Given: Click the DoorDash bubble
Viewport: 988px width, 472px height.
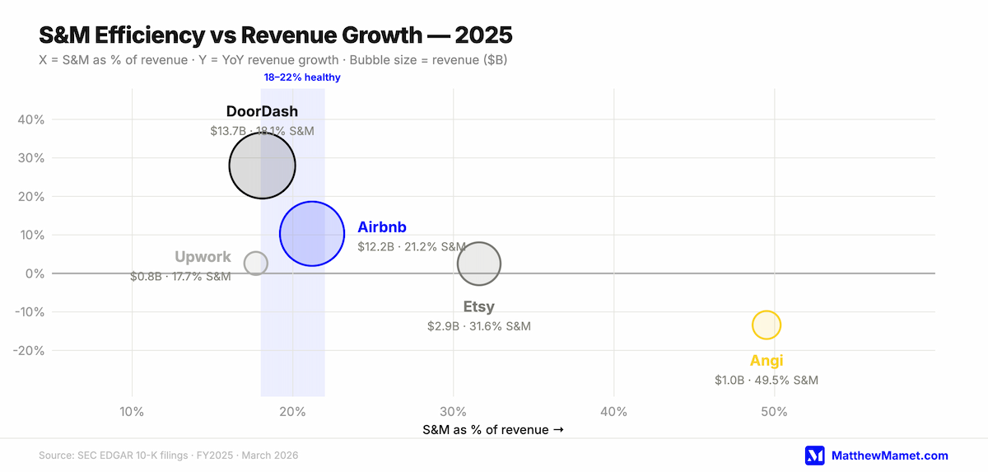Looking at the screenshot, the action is pyautogui.click(x=262, y=166).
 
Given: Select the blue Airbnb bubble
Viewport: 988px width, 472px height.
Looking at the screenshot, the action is pyautogui.click(x=312, y=234).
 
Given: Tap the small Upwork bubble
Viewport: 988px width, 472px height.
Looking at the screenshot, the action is pyautogui.click(x=256, y=264).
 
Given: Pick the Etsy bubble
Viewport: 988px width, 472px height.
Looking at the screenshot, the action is pyautogui.click(x=479, y=264).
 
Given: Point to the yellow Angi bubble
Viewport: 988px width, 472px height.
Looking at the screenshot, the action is pyautogui.click(x=767, y=325).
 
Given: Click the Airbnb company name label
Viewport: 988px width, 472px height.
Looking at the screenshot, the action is pyautogui.click(x=382, y=227).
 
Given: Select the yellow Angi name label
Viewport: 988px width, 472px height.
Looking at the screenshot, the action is pyautogui.click(x=767, y=361).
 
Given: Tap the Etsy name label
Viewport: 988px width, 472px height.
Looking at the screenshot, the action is pyautogui.click(x=479, y=306).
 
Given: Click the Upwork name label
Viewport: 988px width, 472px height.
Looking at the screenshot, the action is pyautogui.click(x=203, y=257).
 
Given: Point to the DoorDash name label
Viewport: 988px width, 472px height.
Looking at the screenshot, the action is pyautogui.click(x=262, y=111).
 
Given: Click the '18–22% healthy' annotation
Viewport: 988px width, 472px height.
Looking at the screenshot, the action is pyautogui.click(x=302, y=77).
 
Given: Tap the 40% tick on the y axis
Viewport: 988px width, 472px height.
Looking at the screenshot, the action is pyautogui.click(x=31, y=119).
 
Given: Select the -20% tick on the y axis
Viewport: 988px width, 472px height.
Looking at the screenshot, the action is pyautogui.click(x=29, y=351).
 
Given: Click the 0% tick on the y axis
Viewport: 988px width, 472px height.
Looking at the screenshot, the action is pyautogui.click(x=35, y=274).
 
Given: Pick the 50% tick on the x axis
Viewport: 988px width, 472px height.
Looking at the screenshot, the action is pyautogui.click(x=774, y=412).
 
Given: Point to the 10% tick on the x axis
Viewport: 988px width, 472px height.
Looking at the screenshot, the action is pyautogui.click(x=132, y=412).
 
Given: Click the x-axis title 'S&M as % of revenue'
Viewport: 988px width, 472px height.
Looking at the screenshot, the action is pyautogui.click(x=487, y=430).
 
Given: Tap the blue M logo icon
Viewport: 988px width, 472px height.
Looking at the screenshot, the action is pyautogui.click(x=814, y=456).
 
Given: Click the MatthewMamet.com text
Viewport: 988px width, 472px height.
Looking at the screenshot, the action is pyautogui.click(x=890, y=456).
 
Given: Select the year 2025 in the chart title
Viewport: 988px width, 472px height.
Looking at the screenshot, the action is pyautogui.click(x=484, y=35).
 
